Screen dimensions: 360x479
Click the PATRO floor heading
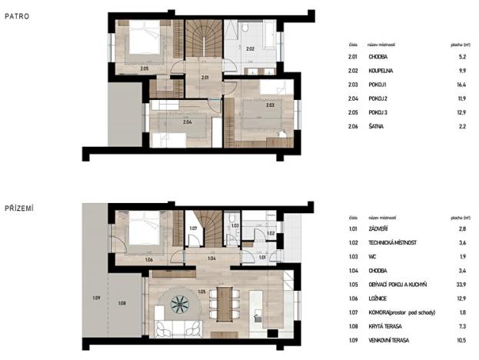coord(17,13)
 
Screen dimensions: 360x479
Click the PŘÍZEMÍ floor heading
coord(20,208)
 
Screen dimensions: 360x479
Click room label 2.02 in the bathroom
coord(250,48)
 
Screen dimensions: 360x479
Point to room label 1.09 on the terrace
coord(97,298)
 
